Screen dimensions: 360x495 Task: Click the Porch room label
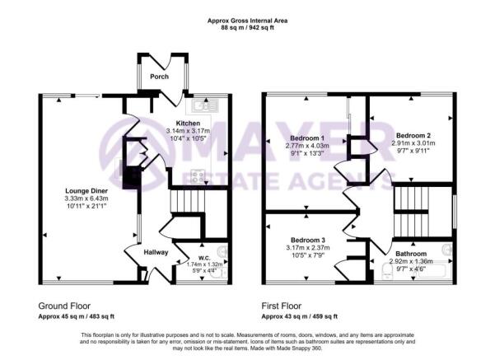tap(159, 77)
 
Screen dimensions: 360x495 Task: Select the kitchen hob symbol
tap(198, 175)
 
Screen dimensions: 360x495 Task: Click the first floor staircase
tap(409, 211)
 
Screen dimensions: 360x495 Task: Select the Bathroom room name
tap(409, 254)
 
